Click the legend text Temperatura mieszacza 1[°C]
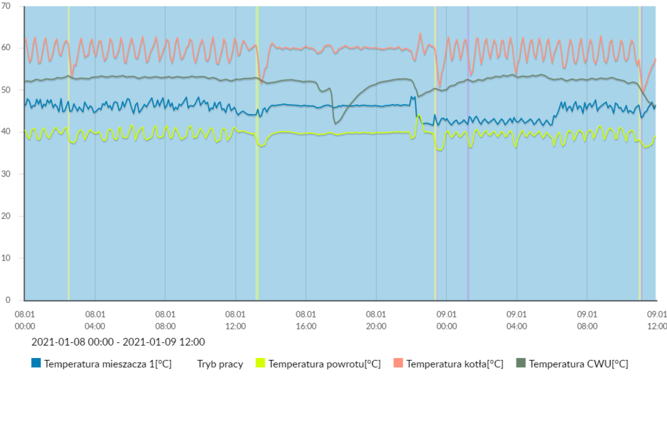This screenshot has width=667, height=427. click(x=107, y=364)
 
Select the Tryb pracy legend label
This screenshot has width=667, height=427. click(x=220, y=364)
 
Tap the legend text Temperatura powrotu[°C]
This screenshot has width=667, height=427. click(x=324, y=364)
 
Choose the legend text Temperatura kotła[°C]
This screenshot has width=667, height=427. click(x=455, y=364)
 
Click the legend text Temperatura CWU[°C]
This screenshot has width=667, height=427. click(x=578, y=364)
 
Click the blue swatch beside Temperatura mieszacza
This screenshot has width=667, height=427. click(x=36, y=363)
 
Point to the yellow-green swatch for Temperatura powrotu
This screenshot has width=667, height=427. click(x=260, y=363)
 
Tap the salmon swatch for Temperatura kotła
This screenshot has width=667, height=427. click(x=398, y=363)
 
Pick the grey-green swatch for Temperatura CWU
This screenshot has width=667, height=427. click(x=520, y=363)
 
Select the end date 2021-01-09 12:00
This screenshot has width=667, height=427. click(x=164, y=342)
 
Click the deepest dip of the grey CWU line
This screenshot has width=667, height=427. click(x=335, y=123)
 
